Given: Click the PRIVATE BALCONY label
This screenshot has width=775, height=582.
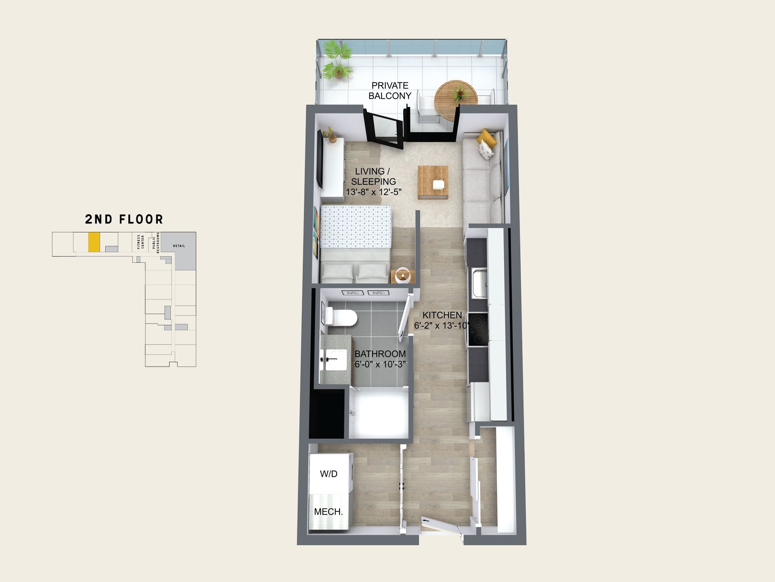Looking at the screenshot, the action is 390,91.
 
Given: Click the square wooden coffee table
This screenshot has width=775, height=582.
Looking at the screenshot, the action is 433,182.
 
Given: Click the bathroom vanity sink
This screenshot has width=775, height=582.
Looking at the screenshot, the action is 334,360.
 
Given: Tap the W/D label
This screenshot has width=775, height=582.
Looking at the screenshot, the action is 329,474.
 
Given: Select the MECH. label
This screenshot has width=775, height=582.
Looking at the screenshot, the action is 329,512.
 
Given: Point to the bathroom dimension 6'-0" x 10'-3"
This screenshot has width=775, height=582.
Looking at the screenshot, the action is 380,364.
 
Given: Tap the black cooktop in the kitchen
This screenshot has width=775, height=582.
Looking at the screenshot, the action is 478,329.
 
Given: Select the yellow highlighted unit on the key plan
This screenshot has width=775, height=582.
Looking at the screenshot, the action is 94,242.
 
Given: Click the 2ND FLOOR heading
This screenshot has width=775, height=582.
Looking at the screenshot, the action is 124,219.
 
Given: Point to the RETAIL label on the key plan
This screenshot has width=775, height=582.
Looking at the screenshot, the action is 179,246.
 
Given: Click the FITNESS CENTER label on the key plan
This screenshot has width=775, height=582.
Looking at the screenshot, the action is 140,242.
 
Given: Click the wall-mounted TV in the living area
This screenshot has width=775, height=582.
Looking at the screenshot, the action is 320,158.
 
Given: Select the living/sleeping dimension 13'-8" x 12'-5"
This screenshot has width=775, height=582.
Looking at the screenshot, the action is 374,192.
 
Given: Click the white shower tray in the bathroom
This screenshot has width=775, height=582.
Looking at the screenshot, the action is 379,412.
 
